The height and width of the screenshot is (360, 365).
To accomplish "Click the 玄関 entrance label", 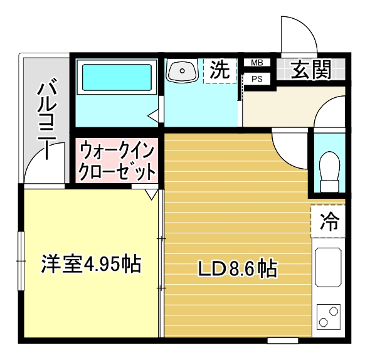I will click(311, 70).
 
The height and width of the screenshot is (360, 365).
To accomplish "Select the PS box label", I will click(257, 79).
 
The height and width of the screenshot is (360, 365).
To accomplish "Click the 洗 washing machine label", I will click(220, 70).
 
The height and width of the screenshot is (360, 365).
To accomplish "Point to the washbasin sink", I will click(182, 70).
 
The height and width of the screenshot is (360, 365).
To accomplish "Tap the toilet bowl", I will click(329, 168).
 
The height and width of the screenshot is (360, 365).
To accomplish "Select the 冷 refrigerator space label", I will click(329, 221).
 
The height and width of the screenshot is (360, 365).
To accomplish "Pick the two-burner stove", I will click(328, 316).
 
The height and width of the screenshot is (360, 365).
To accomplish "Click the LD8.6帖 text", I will click(238, 270).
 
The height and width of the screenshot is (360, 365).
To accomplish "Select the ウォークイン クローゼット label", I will click(117, 161).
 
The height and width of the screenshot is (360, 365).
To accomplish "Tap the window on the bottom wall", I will click(282, 341).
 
